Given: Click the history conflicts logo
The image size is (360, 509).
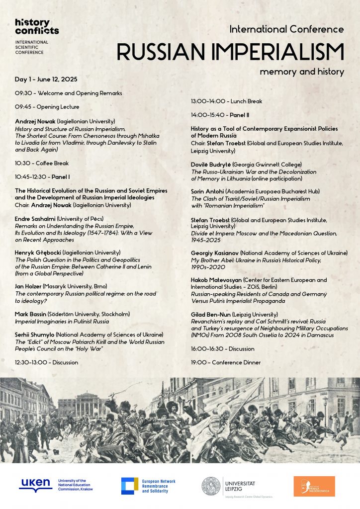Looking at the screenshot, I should (36, 26).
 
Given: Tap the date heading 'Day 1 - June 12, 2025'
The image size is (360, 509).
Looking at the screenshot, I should (46, 80).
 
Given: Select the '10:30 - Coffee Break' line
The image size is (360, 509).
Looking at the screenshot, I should (42, 163).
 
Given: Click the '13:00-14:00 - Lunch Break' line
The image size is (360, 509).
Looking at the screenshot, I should (226, 101).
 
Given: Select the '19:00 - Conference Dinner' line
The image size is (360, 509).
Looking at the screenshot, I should (226, 362).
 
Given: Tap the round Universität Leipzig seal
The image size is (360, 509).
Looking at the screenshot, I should (211, 486).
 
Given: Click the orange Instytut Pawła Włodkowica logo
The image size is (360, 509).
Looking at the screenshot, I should (314, 486).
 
